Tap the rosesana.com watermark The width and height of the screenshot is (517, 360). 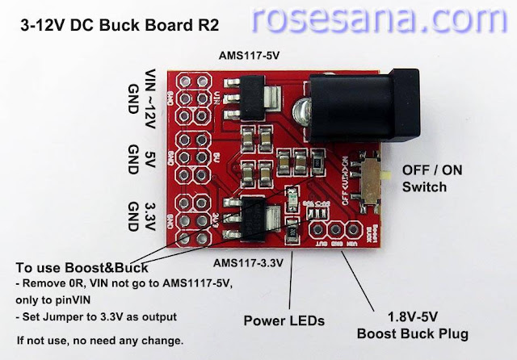point(383,18)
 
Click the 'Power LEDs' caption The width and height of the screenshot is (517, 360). point(284,320)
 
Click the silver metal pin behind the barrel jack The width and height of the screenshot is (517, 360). point(297,110)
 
